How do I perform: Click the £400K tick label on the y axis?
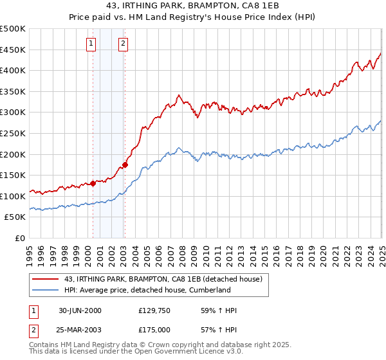13,71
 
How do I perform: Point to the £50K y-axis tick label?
15,217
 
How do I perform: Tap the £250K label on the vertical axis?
13,133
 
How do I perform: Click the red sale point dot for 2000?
93,183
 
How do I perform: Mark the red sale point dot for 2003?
125,165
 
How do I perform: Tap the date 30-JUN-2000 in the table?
80,310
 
